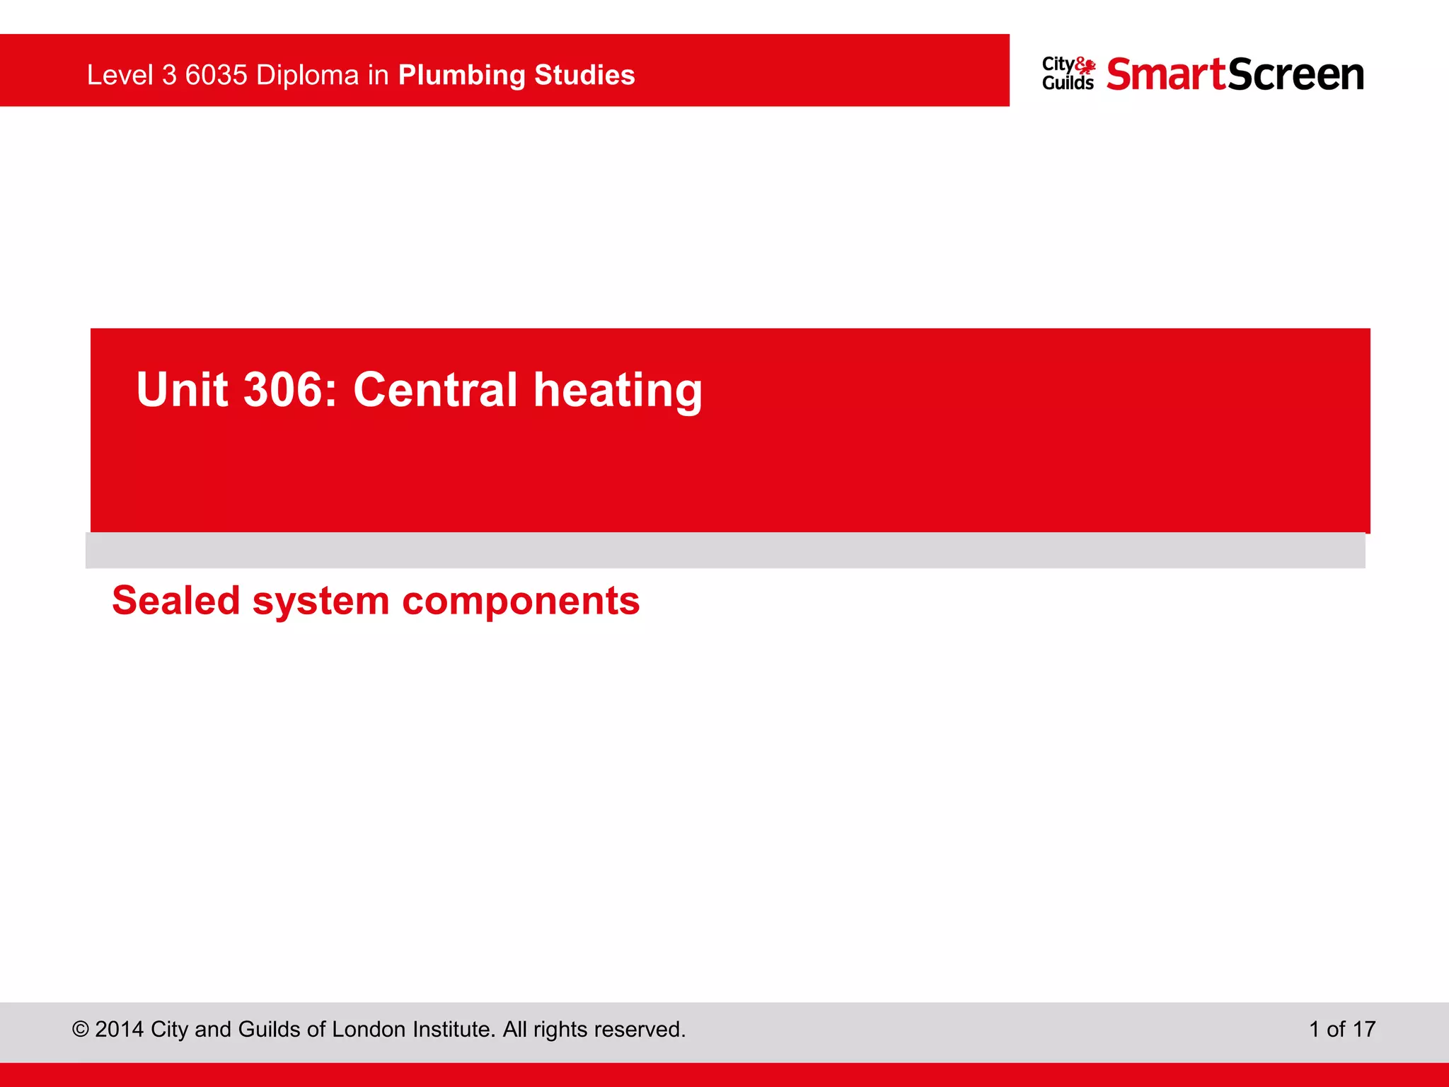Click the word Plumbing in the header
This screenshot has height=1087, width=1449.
(x=461, y=76)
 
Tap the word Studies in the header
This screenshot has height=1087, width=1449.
(x=584, y=75)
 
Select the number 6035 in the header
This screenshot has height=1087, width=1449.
(x=216, y=75)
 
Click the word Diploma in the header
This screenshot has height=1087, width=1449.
(x=307, y=75)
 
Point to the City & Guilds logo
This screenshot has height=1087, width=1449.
(x=1068, y=74)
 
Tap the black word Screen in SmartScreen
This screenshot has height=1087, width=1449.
(x=1295, y=74)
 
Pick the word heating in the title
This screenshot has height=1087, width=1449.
(x=618, y=391)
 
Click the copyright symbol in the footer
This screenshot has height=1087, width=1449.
(x=80, y=1029)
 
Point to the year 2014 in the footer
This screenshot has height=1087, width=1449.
(x=119, y=1029)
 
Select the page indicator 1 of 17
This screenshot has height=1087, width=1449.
(x=1341, y=1029)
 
